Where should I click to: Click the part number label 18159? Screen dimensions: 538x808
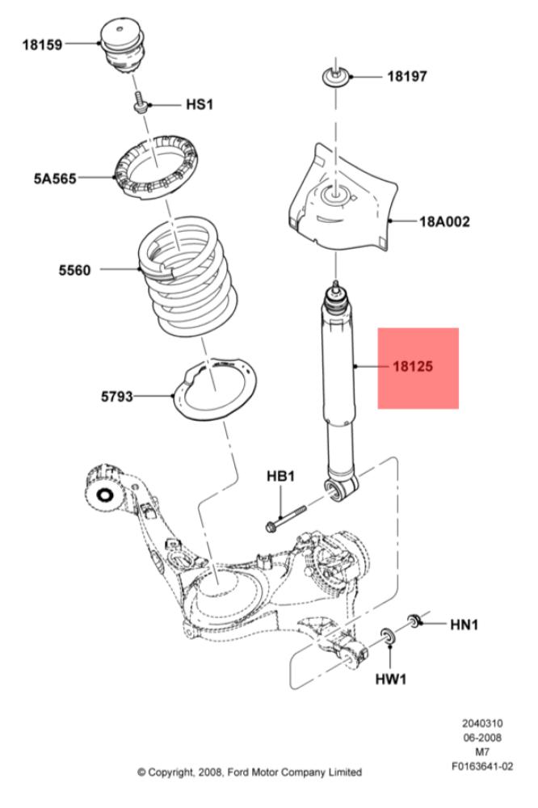click(42, 44)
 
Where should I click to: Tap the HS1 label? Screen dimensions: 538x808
click(200, 104)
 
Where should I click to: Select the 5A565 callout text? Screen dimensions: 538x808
click(55, 179)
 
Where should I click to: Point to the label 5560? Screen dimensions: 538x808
click(74, 270)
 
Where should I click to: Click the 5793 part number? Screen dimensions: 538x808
click(117, 396)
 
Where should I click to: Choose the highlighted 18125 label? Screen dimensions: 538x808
click(413, 367)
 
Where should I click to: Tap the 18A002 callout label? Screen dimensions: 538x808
click(445, 222)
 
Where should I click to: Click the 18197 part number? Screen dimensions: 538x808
click(407, 77)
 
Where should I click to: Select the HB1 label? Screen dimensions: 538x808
click(281, 476)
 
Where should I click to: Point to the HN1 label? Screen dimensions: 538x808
click(464, 625)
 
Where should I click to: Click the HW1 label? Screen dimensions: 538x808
click(391, 680)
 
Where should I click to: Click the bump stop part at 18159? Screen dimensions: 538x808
click(122, 47)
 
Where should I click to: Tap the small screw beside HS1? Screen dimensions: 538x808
click(140, 102)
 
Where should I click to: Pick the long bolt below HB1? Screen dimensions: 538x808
click(285, 519)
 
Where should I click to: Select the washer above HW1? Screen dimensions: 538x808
click(388, 636)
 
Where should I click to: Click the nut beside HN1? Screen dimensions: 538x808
click(414, 620)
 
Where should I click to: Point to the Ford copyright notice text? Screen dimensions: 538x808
click(250, 772)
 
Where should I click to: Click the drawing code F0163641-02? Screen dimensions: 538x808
click(482, 766)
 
